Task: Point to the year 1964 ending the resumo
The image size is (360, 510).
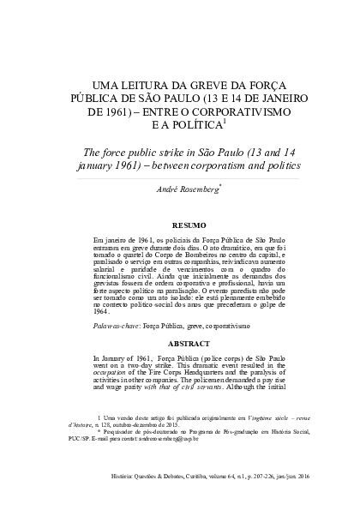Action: [103, 313]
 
